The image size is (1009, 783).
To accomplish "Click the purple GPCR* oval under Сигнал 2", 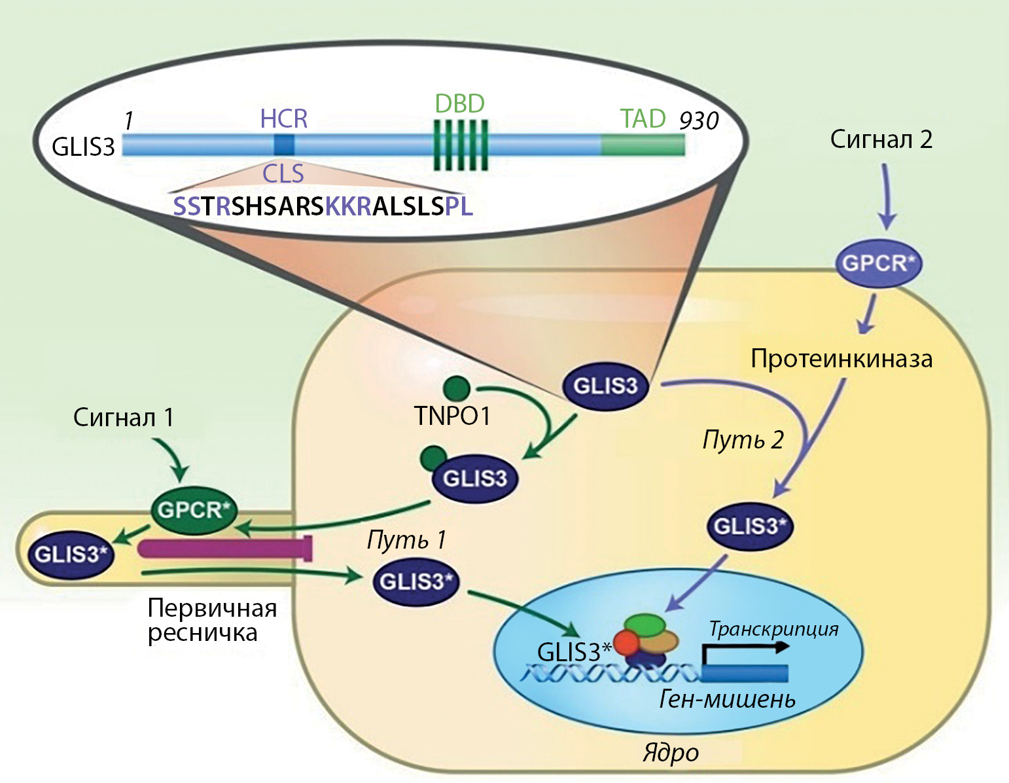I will (878, 264).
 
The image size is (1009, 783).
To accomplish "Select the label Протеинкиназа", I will (841, 359).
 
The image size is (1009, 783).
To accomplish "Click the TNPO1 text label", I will (452, 416).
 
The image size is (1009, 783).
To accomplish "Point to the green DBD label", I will (460, 103).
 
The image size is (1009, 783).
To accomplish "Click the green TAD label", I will (643, 118).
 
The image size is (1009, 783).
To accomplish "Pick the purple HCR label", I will (283, 118).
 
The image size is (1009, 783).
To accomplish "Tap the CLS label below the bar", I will (283, 173).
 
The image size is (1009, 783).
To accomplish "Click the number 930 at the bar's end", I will (699, 121).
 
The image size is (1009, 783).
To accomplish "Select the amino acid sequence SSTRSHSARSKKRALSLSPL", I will (323, 206).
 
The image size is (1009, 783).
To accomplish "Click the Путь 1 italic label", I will (406, 539).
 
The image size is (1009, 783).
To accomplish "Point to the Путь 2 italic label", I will (743, 439).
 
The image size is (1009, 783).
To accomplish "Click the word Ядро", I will (671, 752).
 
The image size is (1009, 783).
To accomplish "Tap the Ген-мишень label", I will (727, 699).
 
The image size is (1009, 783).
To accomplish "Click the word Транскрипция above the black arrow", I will (773, 629).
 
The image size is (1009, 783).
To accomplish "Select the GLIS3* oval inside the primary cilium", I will (71, 555).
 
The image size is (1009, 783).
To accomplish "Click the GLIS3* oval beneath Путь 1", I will (416, 581).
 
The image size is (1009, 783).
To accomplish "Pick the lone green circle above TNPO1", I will (456, 388).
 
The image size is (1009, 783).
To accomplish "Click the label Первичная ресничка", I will (211, 620).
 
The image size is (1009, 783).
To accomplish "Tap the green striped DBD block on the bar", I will (461, 145).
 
